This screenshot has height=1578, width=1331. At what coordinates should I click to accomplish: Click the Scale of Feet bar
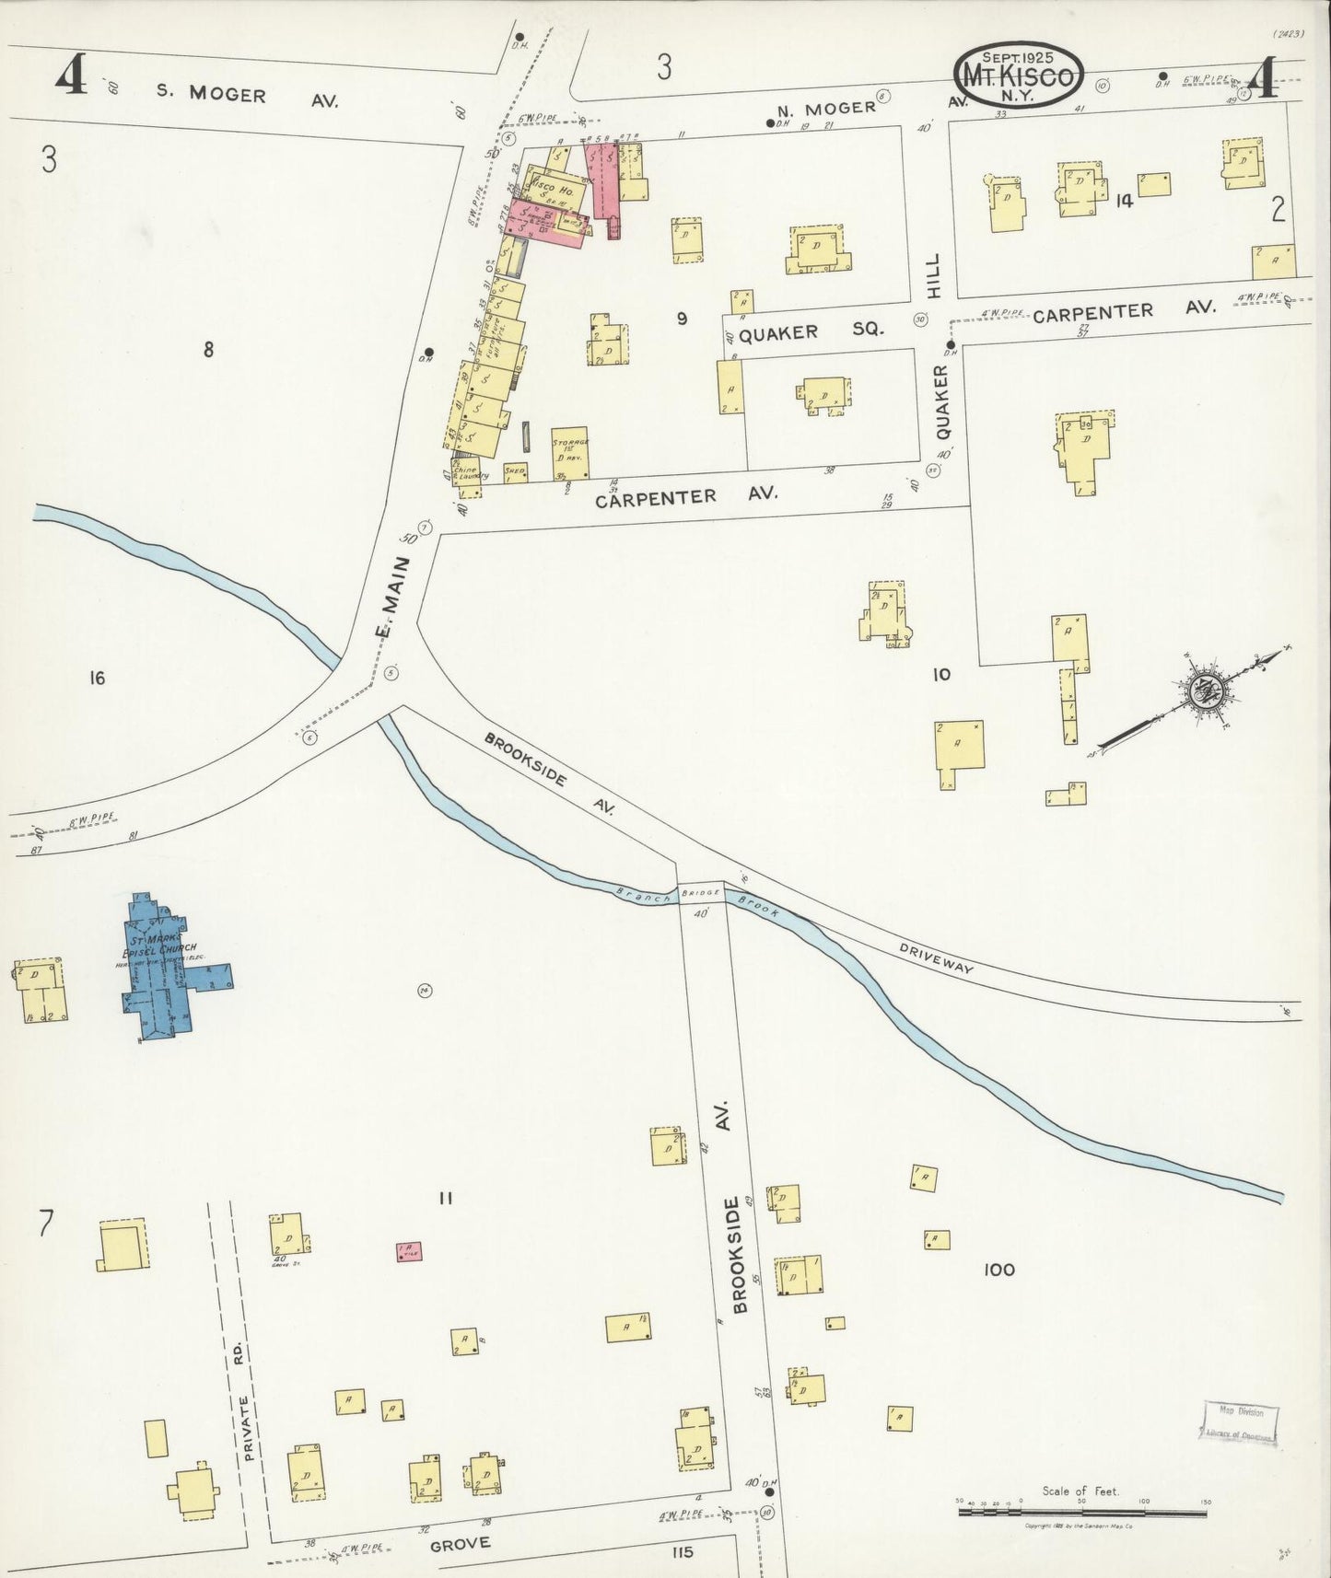(x=1082, y=1512)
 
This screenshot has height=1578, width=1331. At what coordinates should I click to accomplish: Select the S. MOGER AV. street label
(x=246, y=97)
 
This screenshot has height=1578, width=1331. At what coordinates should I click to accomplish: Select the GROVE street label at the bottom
(x=461, y=1544)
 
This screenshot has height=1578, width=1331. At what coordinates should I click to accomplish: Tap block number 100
(x=998, y=1270)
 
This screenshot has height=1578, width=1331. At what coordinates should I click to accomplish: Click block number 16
(x=97, y=679)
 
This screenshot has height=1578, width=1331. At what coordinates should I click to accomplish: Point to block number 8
(x=209, y=349)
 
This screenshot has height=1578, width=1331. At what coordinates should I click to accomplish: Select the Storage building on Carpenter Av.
(x=570, y=453)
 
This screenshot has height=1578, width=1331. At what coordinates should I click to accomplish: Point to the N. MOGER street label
(x=837, y=108)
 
